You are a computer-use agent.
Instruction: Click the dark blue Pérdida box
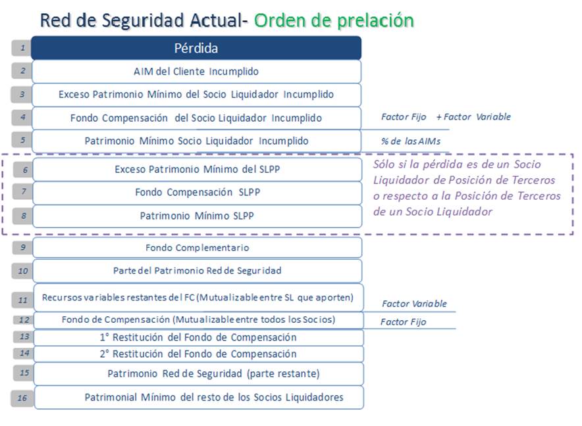click(196, 48)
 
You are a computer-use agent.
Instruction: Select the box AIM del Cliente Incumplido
click(196, 71)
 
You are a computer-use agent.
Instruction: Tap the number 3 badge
click(22, 94)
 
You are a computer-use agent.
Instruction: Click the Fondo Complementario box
click(197, 247)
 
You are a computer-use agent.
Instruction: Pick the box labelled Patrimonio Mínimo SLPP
click(197, 216)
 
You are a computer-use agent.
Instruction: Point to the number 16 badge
click(22, 398)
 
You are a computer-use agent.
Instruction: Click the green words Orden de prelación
click(334, 20)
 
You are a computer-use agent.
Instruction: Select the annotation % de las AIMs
click(411, 141)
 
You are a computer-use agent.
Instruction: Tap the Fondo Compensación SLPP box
click(197, 193)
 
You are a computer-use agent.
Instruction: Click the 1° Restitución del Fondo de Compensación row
click(198, 337)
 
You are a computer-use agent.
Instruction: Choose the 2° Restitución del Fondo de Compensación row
click(198, 354)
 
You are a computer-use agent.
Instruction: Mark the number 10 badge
click(22, 271)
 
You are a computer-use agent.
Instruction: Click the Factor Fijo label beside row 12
click(403, 322)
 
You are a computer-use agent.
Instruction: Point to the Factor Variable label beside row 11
click(414, 304)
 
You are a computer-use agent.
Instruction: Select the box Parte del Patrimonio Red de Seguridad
click(197, 271)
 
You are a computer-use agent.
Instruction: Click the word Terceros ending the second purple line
click(533, 180)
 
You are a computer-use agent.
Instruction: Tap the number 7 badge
click(24, 191)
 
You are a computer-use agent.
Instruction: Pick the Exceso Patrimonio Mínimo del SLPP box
click(197, 170)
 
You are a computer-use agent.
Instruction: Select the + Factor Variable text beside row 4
click(473, 117)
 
